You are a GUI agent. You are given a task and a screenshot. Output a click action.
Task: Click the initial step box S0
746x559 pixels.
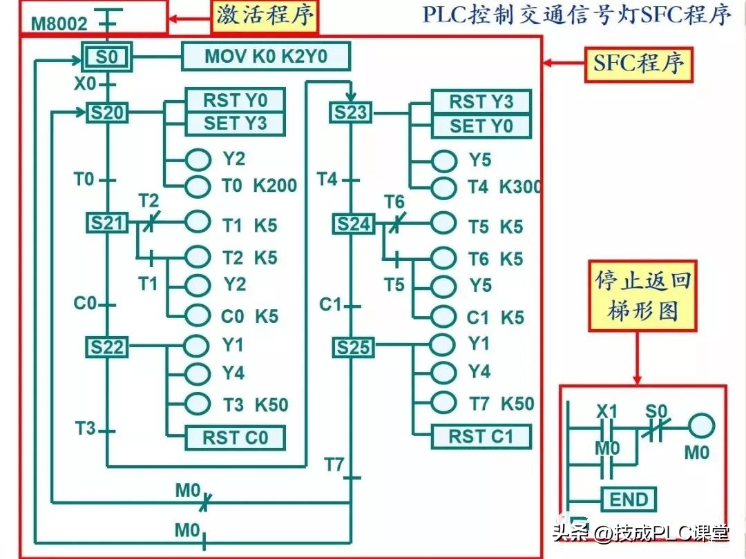coord(106,57)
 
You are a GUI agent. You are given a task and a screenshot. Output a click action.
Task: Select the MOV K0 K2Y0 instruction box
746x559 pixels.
coord(266,57)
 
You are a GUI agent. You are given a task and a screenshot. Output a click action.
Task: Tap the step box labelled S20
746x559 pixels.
coord(106,112)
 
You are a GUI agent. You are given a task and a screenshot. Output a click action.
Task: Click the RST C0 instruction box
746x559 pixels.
coord(235,438)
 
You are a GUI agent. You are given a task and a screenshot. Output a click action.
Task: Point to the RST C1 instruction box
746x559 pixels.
coord(481,436)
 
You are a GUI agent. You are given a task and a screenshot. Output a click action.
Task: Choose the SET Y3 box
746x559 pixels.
coord(235,124)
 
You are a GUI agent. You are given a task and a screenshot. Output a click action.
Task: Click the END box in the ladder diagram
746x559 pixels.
coord(629,499)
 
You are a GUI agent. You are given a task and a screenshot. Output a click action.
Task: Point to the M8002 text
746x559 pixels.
coord(60,25)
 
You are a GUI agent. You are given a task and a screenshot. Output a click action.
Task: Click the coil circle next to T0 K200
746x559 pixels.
coord(198,186)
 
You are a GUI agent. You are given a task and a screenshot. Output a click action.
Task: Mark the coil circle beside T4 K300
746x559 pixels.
coord(443,187)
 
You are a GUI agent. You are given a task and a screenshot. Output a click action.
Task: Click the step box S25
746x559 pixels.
coord(353,348)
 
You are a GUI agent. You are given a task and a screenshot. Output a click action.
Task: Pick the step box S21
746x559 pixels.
coord(106,223)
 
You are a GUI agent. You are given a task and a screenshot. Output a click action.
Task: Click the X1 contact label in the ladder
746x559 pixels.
coord(606,412)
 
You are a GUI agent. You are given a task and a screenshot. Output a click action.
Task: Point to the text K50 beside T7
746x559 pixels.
coord(517,403)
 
